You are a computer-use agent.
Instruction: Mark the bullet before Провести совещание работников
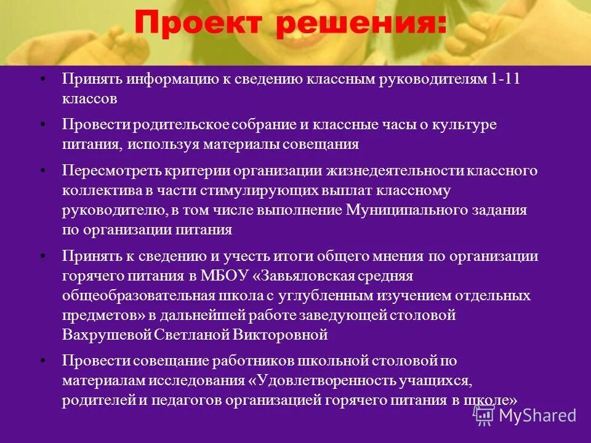[42, 361]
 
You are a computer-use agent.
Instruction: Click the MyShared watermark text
[537, 415]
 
